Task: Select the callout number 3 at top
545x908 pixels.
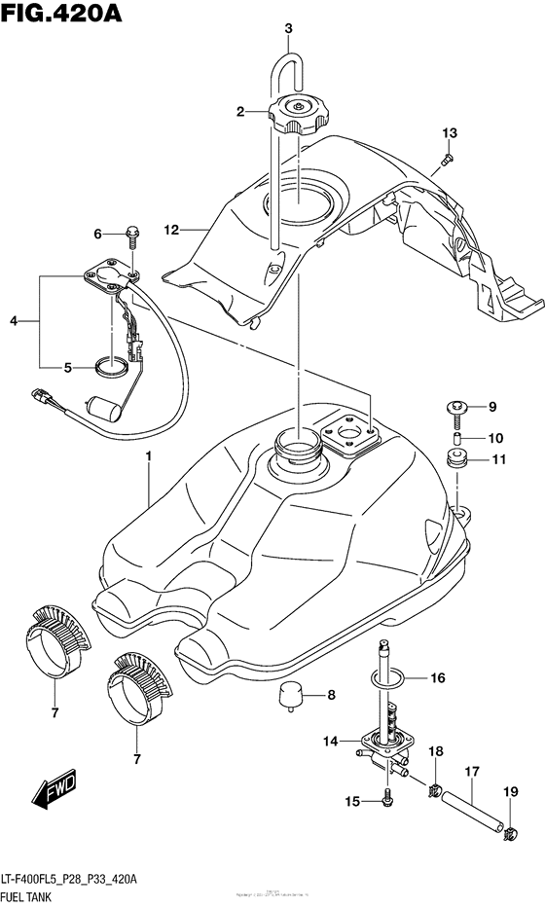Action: (x=288, y=28)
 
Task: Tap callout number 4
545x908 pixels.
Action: (x=13, y=320)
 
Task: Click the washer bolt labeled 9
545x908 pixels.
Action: (x=455, y=406)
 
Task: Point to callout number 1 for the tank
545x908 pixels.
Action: (x=149, y=456)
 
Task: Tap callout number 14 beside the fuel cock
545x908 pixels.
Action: (x=330, y=742)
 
